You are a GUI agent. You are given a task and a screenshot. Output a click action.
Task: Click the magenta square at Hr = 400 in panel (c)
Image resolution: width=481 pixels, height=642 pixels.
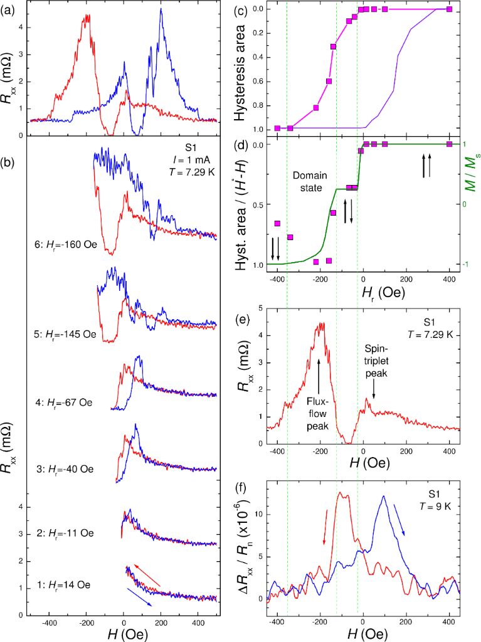point(449,9)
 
